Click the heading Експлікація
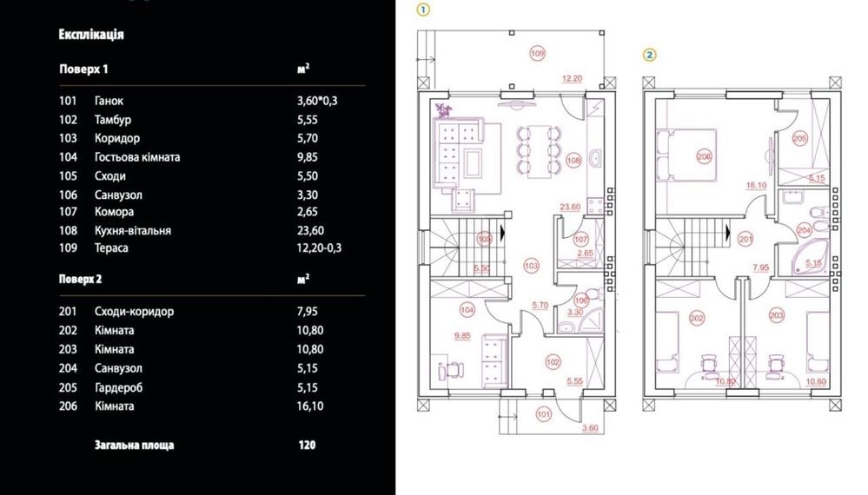point(90,34)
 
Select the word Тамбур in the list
point(113,120)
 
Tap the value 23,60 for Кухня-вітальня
point(310,231)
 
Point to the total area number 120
point(307,445)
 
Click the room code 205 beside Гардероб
point(68,387)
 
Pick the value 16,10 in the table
point(310,406)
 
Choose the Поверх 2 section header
point(80,279)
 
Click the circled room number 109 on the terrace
point(538,54)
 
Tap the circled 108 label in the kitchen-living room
point(574,161)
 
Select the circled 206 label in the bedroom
point(704,157)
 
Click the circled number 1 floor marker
point(423,10)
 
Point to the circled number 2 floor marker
point(649,55)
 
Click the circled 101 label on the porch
point(544,413)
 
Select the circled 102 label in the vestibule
point(553,362)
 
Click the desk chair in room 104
point(454,370)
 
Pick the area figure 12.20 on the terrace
point(572,78)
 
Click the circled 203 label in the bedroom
point(777,316)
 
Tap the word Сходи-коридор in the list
point(134,312)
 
